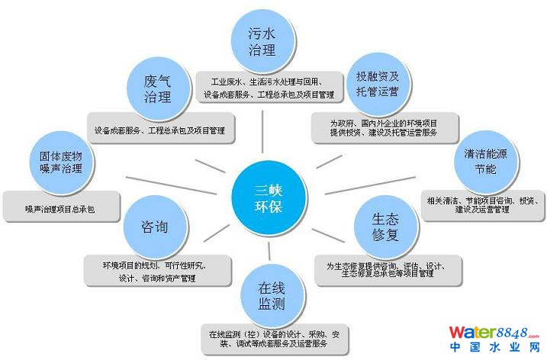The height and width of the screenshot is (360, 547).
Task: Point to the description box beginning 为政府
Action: (x=384, y=127)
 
